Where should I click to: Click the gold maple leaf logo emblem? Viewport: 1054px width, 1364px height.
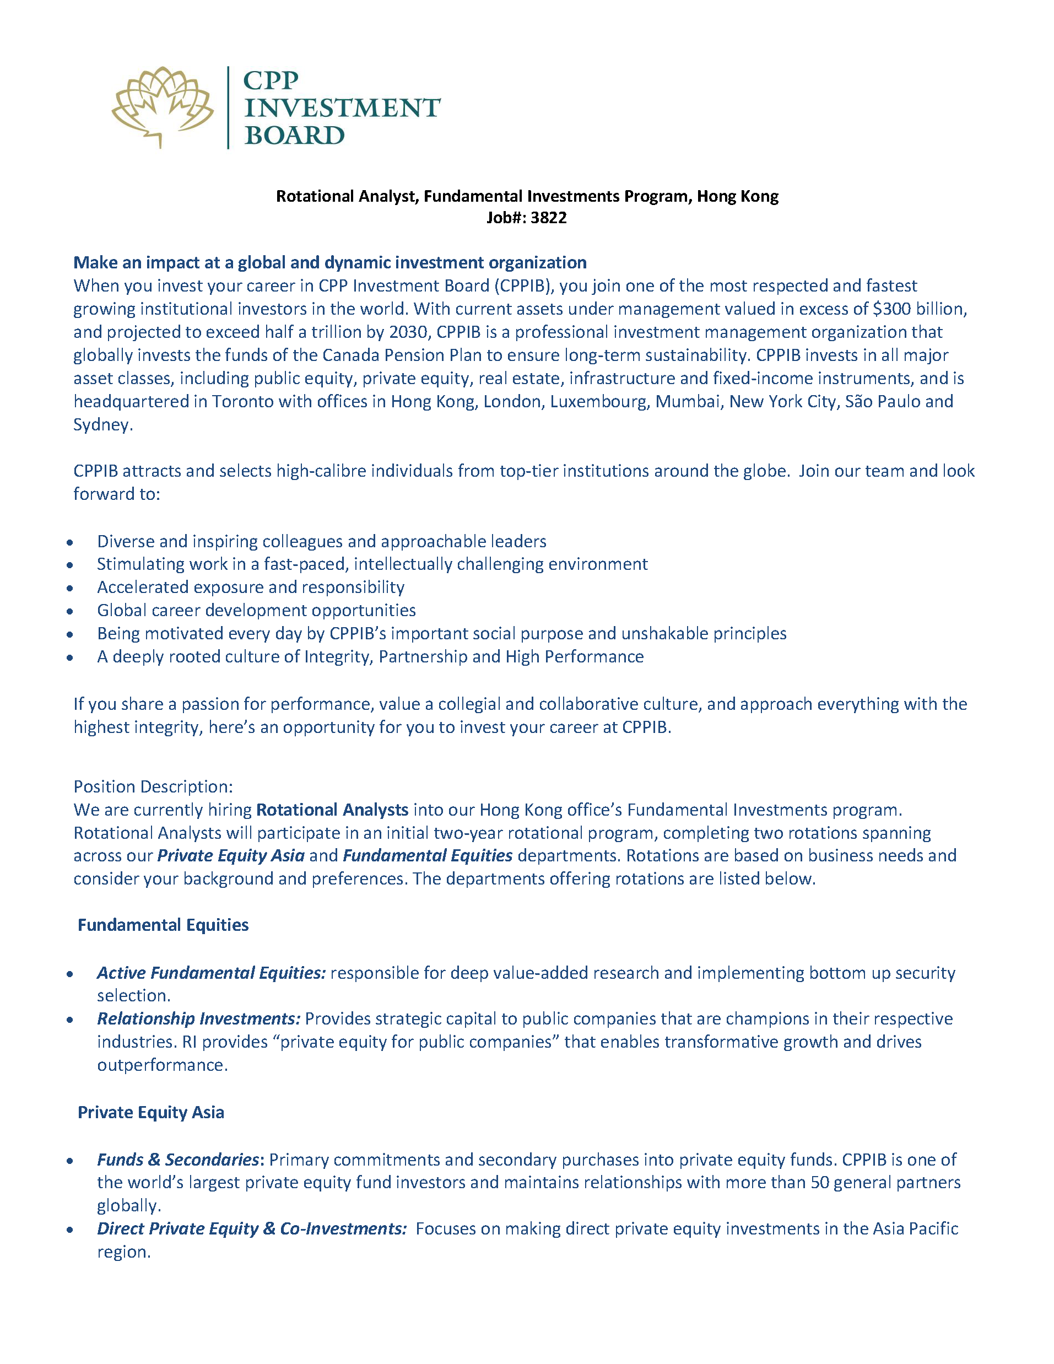pyautogui.click(x=163, y=106)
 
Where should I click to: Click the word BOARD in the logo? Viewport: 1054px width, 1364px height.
pyautogui.click(x=294, y=136)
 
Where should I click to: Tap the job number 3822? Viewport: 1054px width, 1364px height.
pyautogui.click(x=548, y=218)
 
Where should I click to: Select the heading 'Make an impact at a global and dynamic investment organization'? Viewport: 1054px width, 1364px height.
pyautogui.click(x=329, y=262)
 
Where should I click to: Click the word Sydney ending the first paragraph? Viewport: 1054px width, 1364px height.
pyautogui.click(x=101, y=425)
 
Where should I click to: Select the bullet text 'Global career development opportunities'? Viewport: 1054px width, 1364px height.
pyautogui.click(x=256, y=610)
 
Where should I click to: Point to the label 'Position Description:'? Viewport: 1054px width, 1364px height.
pyautogui.click(x=153, y=786)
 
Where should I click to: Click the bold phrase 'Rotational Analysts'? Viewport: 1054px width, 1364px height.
pyautogui.click(x=332, y=810)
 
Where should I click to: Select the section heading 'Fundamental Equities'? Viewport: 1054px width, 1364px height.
pyautogui.click(x=163, y=925)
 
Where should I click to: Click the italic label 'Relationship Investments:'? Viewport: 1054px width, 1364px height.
pyautogui.click(x=198, y=1018)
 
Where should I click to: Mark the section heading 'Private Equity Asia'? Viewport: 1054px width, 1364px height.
pyautogui.click(x=150, y=1112)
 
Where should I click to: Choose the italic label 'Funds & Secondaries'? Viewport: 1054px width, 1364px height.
pyautogui.click(x=178, y=1160)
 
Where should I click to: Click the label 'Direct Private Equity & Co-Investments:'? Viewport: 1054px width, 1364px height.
pyautogui.click(x=252, y=1228)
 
